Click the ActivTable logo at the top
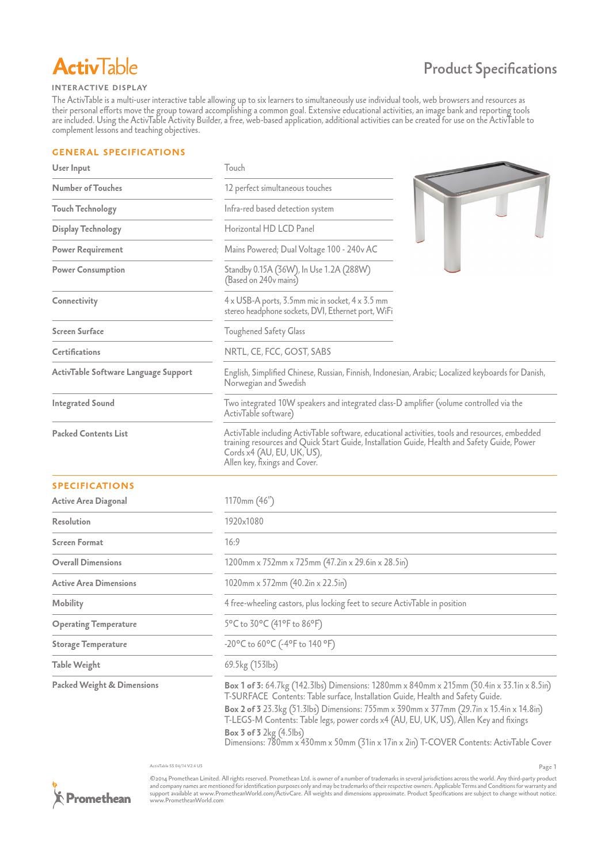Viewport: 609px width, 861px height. point(95,67)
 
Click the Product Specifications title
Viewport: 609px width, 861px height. point(490,68)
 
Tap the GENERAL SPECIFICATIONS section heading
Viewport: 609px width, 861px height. point(119,152)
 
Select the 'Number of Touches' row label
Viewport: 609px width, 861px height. point(87,188)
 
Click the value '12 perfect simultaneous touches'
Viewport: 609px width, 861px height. point(278,188)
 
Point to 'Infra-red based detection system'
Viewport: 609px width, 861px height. point(279,209)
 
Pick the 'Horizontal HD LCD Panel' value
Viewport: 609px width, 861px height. point(269,229)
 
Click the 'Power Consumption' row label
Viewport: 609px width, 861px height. point(89,270)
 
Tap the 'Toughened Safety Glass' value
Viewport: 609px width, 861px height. point(265,331)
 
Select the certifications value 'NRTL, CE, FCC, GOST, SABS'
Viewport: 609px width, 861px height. point(277,352)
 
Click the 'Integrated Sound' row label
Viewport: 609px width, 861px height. point(83,403)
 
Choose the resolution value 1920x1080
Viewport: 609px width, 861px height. point(244,522)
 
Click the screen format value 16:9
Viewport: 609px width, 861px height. point(232,542)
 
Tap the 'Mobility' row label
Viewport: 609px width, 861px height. point(68,603)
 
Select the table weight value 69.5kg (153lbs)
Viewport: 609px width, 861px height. point(251,665)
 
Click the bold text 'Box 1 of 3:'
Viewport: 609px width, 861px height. point(243,686)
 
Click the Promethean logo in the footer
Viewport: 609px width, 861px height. point(92,797)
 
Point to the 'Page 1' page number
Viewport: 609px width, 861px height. point(547,767)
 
